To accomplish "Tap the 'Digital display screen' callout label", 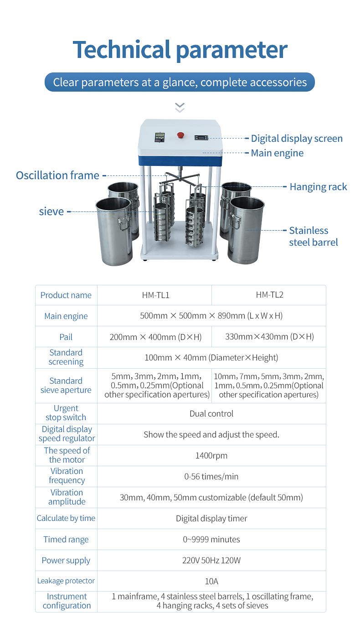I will coord(297,139).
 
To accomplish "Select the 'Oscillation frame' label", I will coord(57,175).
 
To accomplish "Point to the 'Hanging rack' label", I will coord(318,187).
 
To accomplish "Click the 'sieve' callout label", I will coord(51,211).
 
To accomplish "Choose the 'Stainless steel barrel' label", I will coord(314,237).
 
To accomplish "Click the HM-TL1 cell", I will coord(155,295).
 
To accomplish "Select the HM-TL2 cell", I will coord(269,295).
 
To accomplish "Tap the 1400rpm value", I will coord(211,455).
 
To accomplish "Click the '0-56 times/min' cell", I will coord(211,477).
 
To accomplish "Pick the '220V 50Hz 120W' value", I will coord(211,561).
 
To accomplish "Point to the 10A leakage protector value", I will coord(211,581).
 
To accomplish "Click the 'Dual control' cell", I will coord(211,414).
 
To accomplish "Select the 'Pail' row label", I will coord(66,337).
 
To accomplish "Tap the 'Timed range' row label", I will coord(66,540).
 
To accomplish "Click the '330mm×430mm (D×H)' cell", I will coord(269,337).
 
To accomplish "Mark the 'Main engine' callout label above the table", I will coord(277,153).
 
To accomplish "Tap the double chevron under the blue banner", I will coord(180,108).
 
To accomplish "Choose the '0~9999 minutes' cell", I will coord(211,540).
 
